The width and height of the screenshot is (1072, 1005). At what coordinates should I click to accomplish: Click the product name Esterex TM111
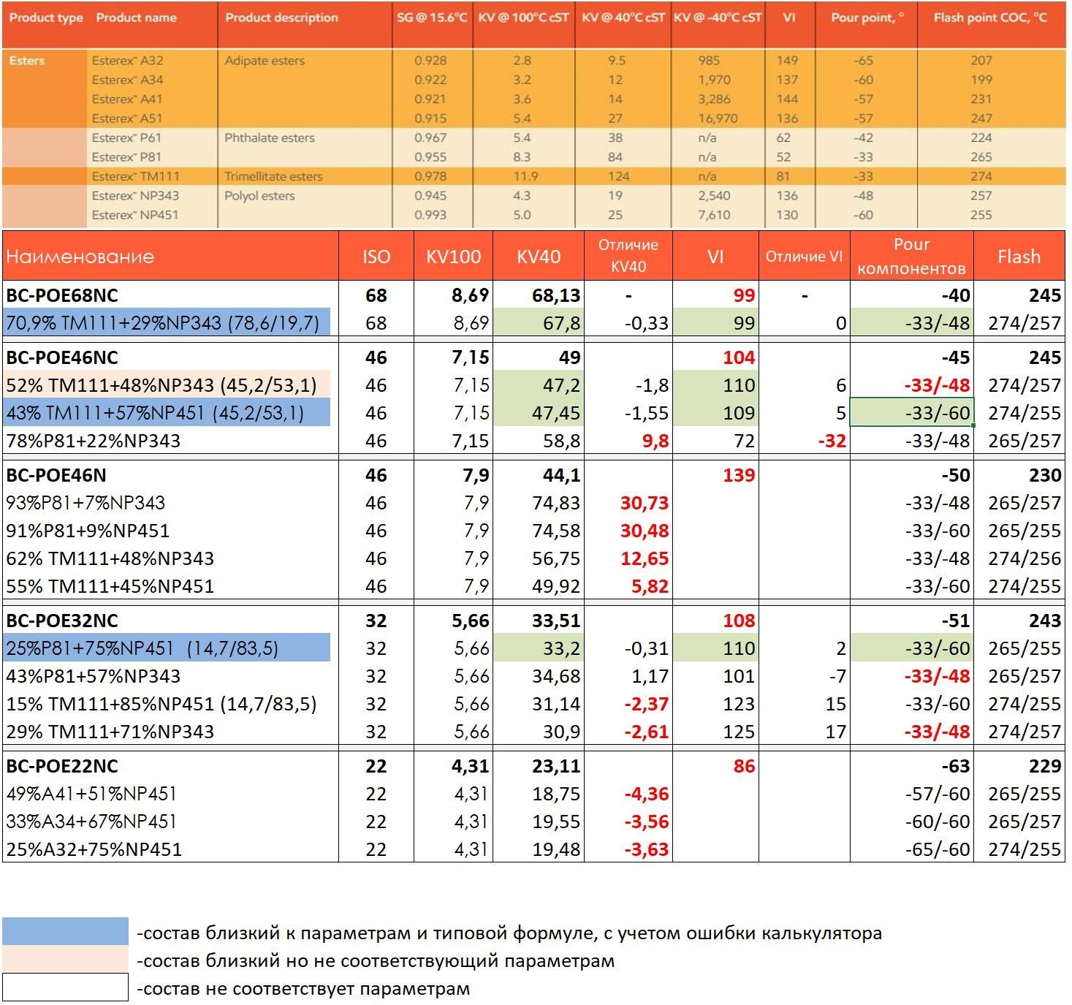click(x=135, y=177)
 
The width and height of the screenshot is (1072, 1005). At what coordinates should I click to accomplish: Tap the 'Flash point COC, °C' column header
click(x=990, y=18)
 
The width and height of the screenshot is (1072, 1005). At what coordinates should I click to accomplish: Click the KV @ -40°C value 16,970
click(x=718, y=118)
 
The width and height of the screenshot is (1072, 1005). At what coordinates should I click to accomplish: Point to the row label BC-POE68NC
click(x=61, y=295)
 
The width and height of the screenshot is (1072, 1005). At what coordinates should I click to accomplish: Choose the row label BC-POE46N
click(x=56, y=475)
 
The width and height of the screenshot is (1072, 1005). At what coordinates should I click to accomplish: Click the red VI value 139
click(x=739, y=475)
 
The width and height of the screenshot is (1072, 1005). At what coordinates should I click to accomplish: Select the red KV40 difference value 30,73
click(x=644, y=503)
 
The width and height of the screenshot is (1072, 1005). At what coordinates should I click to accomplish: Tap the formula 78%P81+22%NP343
click(x=93, y=441)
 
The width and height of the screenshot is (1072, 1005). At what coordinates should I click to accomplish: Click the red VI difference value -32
click(x=832, y=441)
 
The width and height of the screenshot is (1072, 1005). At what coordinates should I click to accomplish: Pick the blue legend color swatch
click(x=65, y=931)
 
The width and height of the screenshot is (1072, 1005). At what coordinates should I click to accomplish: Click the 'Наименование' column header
click(x=80, y=257)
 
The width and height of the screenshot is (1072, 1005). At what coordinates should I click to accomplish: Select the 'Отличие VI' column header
click(x=804, y=257)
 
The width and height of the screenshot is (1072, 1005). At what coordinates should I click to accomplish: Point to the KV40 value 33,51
click(x=556, y=621)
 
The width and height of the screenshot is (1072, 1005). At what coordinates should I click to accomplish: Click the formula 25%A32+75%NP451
click(x=94, y=849)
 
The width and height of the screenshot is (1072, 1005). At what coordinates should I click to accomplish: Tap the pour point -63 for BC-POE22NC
click(x=955, y=766)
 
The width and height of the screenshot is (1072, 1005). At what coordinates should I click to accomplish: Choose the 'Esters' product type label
click(x=27, y=61)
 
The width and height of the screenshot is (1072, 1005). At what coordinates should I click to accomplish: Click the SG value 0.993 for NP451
click(x=430, y=215)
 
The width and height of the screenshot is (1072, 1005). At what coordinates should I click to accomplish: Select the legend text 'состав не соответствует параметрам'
click(x=303, y=990)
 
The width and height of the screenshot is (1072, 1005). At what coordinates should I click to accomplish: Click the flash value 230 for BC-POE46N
click(x=1045, y=475)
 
